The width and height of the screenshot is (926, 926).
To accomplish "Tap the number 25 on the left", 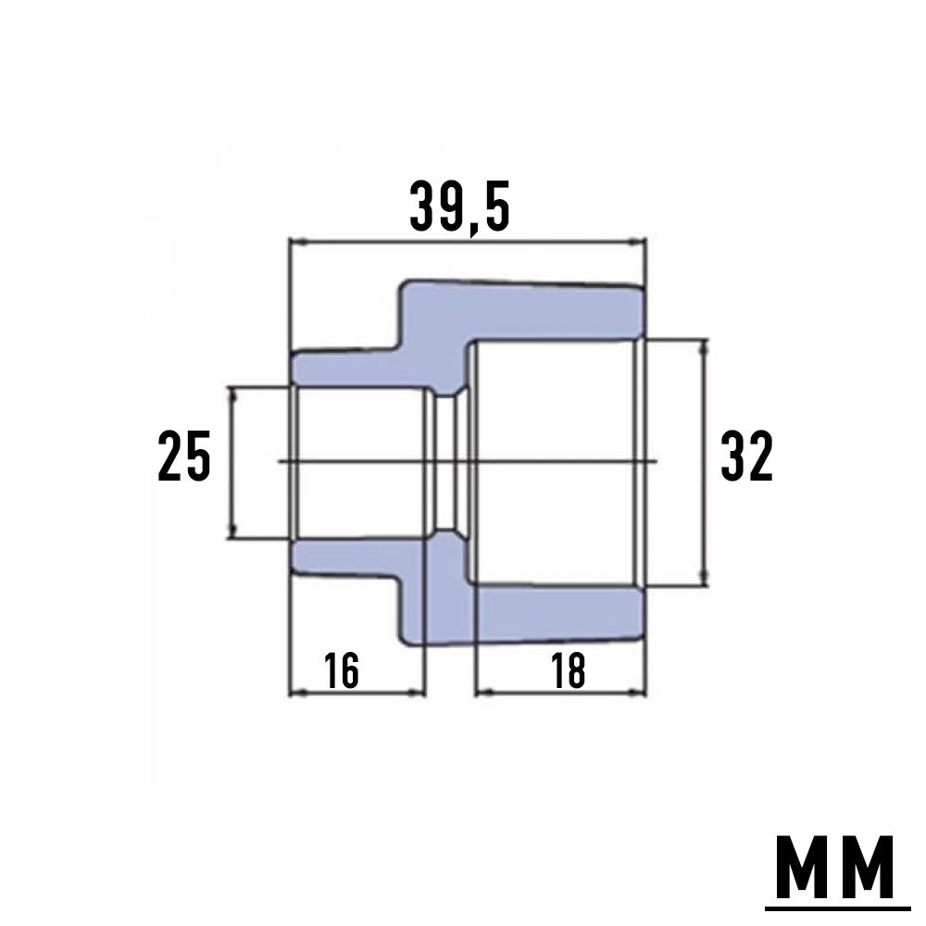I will click(x=184, y=456).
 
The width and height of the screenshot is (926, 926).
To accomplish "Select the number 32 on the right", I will click(x=746, y=457).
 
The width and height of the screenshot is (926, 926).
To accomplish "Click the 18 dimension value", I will click(x=568, y=670).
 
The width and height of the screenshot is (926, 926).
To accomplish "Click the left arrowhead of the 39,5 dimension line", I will click(x=296, y=243).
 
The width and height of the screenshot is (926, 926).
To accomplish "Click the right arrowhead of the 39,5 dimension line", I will click(x=640, y=243).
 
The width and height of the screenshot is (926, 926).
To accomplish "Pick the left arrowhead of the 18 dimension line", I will click(x=481, y=691).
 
